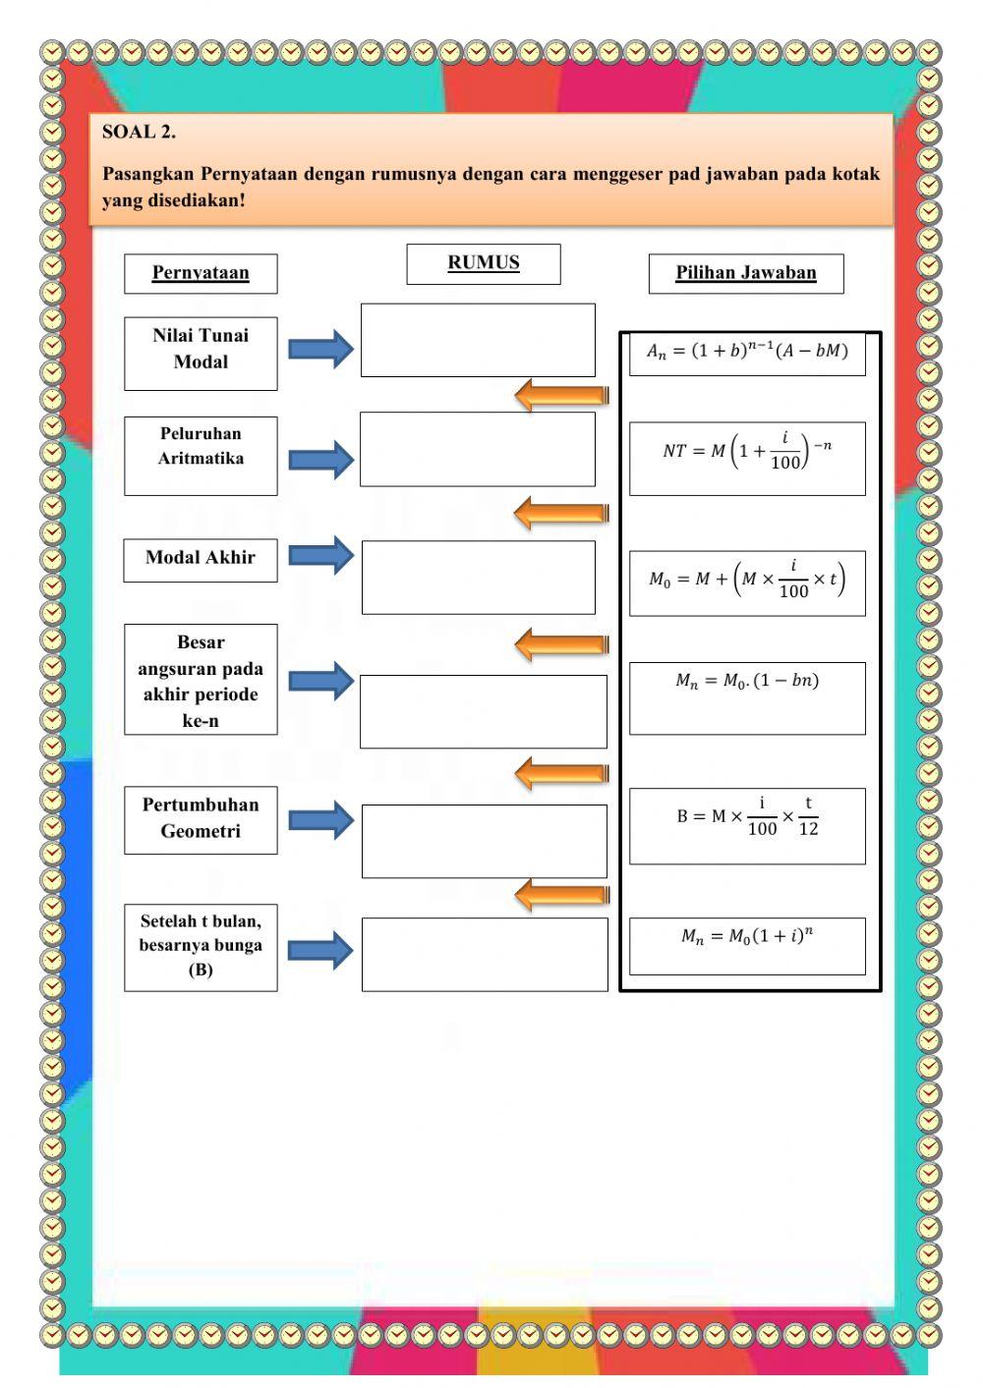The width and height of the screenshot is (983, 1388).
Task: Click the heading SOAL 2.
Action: tap(139, 132)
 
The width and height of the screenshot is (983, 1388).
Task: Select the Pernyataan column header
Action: tap(201, 273)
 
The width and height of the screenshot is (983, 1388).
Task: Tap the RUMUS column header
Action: tap(484, 263)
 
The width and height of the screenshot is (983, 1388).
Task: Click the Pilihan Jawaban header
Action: tap(745, 273)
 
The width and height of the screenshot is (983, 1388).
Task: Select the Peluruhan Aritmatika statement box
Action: tap(201, 456)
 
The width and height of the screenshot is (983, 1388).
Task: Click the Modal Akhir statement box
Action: tap(201, 559)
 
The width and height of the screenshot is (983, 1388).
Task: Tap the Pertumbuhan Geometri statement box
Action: tap(201, 819)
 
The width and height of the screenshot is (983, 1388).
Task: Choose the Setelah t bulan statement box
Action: tap(201, 947)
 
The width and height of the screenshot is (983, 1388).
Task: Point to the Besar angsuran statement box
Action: tap(201, 680)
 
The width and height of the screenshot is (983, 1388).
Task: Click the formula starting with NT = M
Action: tap(747, 457)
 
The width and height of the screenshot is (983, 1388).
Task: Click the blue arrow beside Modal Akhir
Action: tap(321, 555)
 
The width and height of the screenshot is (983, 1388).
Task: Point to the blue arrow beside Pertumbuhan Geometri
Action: tap(321, 820)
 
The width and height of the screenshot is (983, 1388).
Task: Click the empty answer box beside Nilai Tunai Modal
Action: tap(478, 340)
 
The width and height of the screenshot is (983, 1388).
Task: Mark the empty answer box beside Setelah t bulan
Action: tap(485, 954)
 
